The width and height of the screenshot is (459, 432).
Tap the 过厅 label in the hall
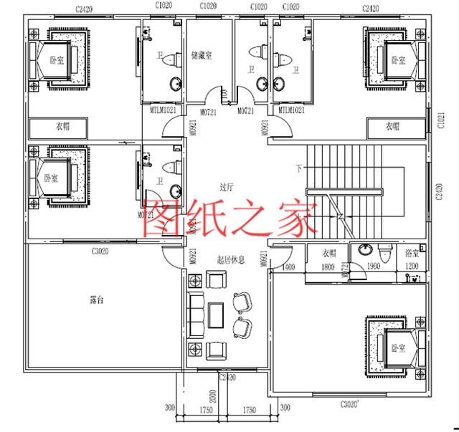[227, 186]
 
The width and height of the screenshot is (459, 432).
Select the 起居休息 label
[230, 260]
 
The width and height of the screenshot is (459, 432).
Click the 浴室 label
[412, 254]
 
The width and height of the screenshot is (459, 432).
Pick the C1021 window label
[440, 127]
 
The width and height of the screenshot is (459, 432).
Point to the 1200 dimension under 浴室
[411, 267]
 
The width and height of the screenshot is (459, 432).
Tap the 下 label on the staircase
[298, 169]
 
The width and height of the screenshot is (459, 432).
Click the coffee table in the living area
[216, 313]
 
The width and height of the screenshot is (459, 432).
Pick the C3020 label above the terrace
[100, 251]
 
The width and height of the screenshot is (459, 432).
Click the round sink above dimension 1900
[366, 251]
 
